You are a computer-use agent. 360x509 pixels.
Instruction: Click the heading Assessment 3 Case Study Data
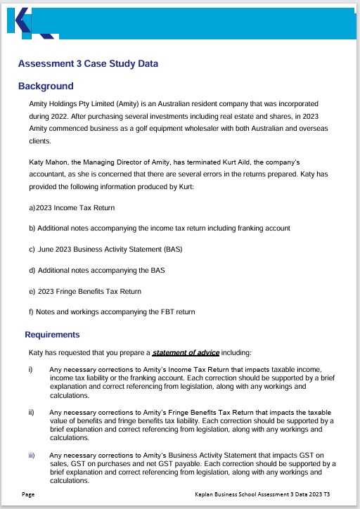(x=88, y=64)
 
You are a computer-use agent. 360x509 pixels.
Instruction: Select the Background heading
(x=46, y=86)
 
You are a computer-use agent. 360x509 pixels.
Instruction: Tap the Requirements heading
(x=52, y=335)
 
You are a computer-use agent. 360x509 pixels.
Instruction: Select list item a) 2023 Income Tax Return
(x=72, y=208)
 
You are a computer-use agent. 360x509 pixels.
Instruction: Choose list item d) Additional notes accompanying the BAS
(x=96, y=270)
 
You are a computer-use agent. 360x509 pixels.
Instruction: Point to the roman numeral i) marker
(x=30, y=369)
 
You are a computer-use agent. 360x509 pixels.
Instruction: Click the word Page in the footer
(x=28, y=495)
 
